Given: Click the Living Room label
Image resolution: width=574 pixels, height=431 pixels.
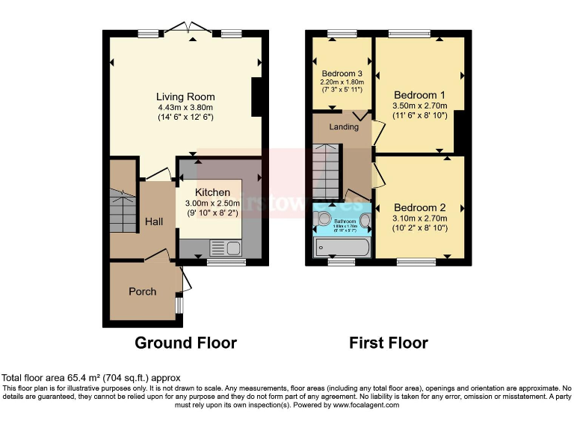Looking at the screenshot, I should pyautogui.click(x=185, y=97).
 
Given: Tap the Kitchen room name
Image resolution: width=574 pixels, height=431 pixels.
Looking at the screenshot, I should pyautogui.click(x=213, y=192).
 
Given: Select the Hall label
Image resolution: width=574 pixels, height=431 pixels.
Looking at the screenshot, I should pyautogui.click(x=154, y=221).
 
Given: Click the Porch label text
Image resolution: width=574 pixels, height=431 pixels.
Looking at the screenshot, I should pyautogui.click(x=142, y=291).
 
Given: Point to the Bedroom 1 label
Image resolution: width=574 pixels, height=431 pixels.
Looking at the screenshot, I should pyautogui.click(x=419, y=96).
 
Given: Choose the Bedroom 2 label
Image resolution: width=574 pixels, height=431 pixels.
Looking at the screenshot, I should pyautogui.click(x=419, y=207).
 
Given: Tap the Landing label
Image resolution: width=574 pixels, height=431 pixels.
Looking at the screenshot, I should pyautogui.click(x=344, y=126).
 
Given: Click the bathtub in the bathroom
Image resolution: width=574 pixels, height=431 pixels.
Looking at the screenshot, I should pyautogui.click(x=342, y=248).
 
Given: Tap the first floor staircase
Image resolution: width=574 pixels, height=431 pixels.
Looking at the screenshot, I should pyautogui.click(x=325, y=171).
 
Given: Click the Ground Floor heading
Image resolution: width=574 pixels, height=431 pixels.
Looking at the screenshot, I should pyautogui.click(x=185, y=343).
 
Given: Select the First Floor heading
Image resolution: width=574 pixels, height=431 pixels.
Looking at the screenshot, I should pyautogui.click(x=389, y=343).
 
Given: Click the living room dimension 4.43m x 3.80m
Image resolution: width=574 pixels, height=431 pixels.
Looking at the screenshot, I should pyautogui.click(x=185, y=107).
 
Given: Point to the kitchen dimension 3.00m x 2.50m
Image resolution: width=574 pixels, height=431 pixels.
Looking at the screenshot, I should pyautogui.click(x=213, y=203).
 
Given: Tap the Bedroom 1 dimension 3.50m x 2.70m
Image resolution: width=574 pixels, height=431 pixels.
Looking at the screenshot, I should pyautogui.click(x=419, y=106).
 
